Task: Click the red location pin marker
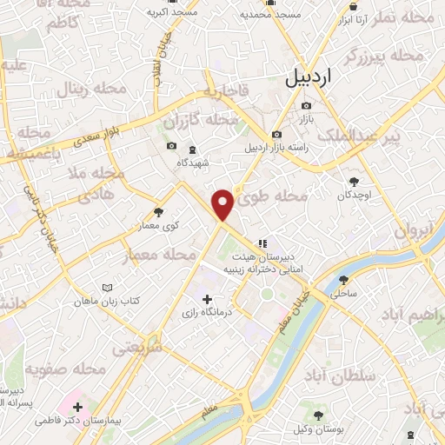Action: click(x=223, y=203)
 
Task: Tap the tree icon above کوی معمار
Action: click(x=158, y=211)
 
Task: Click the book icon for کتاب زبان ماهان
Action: click(x=108, y=287)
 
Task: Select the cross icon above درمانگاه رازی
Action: click(x=206, y=300)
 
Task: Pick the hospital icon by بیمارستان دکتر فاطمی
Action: click(x=76, y=406)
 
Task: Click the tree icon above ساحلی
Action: click(x=344, y=280)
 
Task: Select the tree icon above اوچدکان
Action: click(x=354, y=181)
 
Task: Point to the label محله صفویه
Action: click(x=65, y=369)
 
